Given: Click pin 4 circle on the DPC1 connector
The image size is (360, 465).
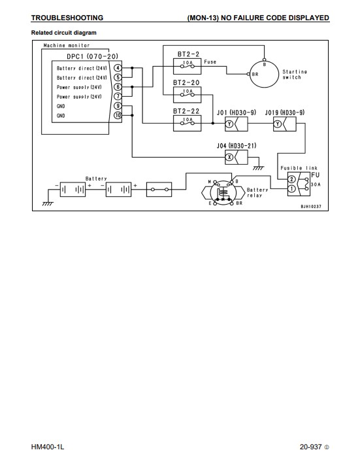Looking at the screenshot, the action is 118,68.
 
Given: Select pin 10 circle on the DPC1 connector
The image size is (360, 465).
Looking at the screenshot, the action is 118,115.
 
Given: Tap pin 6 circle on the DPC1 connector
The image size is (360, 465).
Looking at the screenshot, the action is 118,87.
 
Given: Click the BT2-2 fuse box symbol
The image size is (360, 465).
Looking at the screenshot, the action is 188,66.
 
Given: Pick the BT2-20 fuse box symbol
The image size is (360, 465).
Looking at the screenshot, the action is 188,95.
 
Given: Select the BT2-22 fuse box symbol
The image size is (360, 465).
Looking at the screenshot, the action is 188,123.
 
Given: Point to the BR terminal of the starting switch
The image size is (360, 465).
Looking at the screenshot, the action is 248,74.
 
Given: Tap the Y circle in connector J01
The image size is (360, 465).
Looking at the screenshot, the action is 229,124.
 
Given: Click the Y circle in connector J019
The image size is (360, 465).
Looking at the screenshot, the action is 277,124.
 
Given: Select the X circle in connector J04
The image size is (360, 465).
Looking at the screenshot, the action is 229,157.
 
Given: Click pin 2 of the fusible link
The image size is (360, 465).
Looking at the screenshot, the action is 291,179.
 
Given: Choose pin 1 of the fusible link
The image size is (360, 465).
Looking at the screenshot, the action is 291,188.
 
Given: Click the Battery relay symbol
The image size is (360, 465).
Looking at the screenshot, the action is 223,192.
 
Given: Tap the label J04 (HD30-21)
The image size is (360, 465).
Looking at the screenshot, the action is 237,146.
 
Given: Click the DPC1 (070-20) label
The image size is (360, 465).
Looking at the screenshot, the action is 92,56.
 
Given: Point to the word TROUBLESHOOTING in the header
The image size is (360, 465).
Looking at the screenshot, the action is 67,18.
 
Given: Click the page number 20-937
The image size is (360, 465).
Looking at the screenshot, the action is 310,447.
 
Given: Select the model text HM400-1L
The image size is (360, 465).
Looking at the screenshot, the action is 48,447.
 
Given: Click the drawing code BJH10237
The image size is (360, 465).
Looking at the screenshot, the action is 311,207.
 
